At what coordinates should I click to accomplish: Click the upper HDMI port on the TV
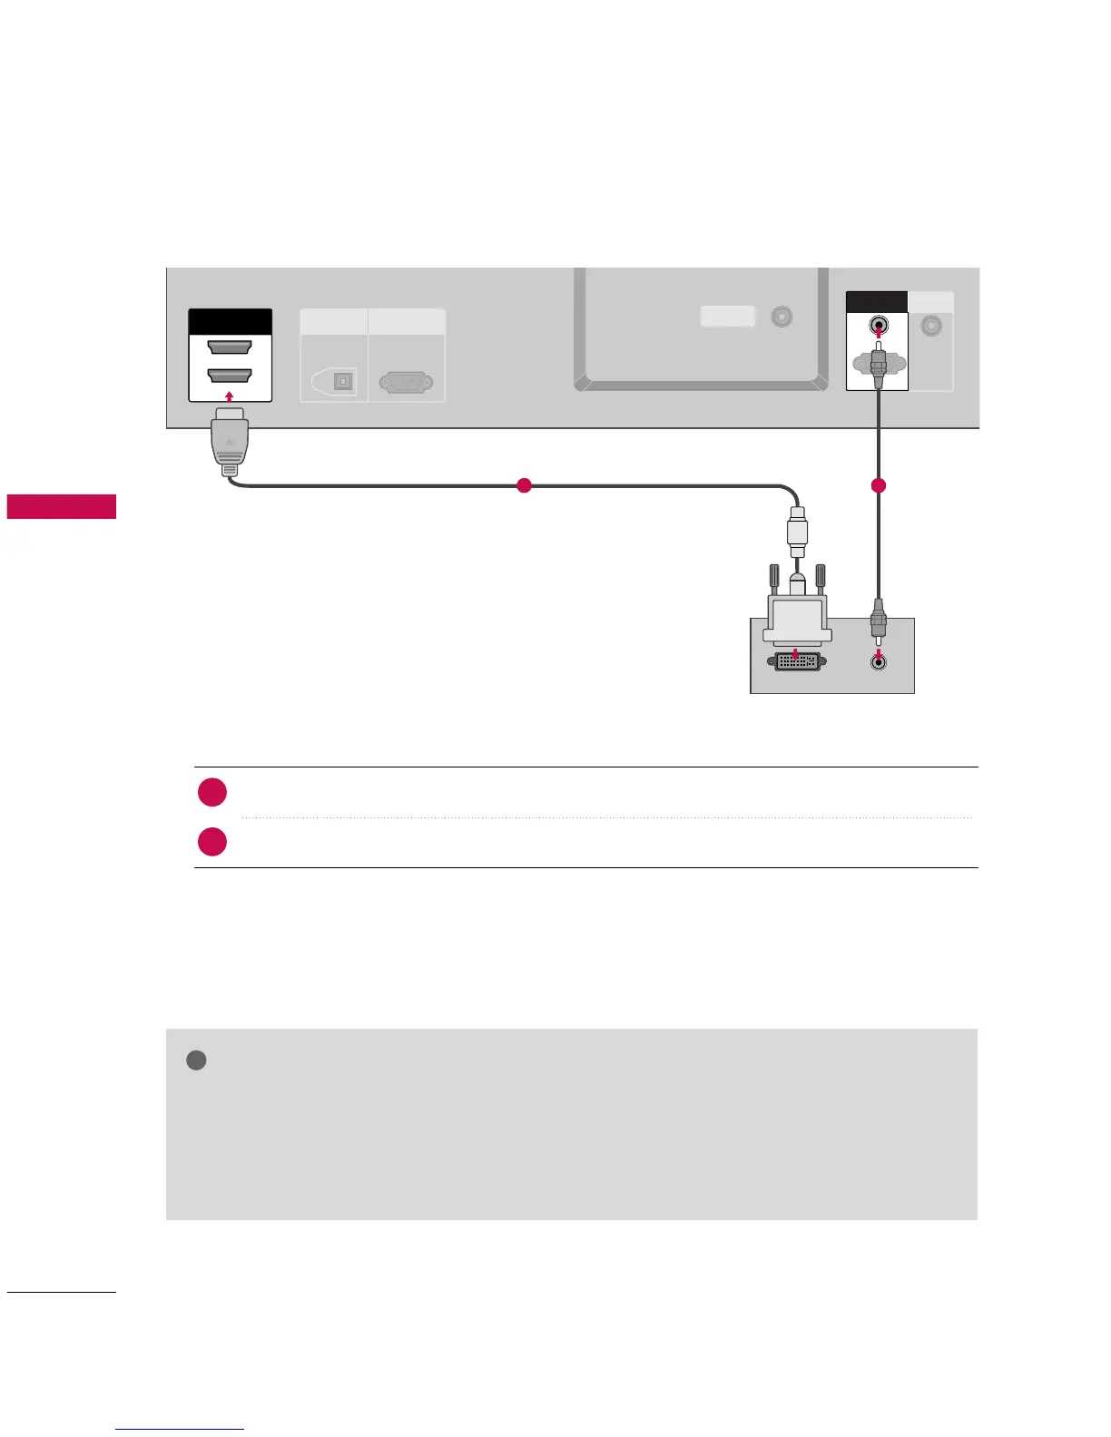[x=230, y=347]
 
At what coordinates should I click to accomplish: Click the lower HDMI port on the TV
[x=230, y=375]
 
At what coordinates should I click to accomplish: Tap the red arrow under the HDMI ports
[x=230, y=396]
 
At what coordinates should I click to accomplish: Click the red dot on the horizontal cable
[x=523, y=485]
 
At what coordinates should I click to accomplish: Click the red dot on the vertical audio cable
[x=878, y=486]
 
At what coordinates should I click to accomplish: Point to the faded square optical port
[x=343, y=381]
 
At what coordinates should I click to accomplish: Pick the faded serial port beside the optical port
[x=406, y=382]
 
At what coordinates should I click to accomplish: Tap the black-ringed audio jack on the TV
[x=878, y=326]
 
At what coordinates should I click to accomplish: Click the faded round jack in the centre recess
[x=781, y=317]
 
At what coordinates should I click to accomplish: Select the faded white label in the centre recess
[x=728, y=316]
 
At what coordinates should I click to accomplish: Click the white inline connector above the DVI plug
[x=797, y=535]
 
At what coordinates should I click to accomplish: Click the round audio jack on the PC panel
[x=878, y=661]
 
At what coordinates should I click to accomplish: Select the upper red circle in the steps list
[x=212, y=792]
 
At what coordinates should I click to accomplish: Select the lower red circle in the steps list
[x=212, y=841]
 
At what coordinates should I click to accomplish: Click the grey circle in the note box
[x=196, y=1060]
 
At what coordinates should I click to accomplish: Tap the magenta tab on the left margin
[x=62, y=506]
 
